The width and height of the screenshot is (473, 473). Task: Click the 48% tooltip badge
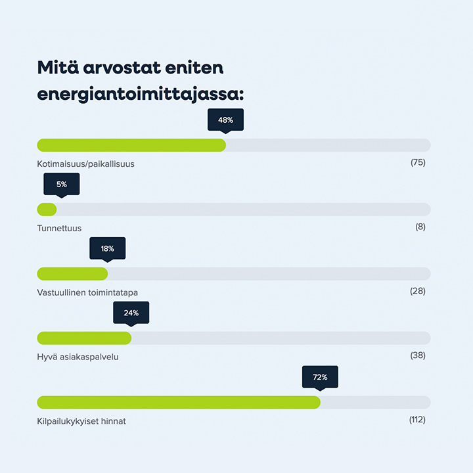tap(225, 120)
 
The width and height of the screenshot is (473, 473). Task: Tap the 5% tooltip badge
tap(61, 185)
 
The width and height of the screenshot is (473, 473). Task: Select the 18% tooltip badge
tap(107, 249)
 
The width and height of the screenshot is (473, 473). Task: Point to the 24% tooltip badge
tap(131, 313)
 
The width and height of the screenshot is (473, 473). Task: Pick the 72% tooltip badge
tap(320, 377)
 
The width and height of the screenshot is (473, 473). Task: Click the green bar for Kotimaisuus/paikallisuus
tap(131, 145)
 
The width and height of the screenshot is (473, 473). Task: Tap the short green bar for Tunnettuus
tap(47, 210)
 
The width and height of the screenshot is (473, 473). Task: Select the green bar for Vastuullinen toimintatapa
tap(72, 274)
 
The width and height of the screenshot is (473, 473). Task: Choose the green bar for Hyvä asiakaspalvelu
tap(84, 338)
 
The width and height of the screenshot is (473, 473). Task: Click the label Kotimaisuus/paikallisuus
tap(85, 164)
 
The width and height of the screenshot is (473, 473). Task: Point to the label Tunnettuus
tap(59, 228)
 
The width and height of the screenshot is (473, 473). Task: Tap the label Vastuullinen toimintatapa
tap(87, 292)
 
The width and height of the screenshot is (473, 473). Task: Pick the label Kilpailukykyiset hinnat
tap(81, 421)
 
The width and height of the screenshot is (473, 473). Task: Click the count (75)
tap(418, 162)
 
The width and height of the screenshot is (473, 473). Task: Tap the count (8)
tap(420, 227)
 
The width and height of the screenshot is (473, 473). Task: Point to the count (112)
tap(417, 420)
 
